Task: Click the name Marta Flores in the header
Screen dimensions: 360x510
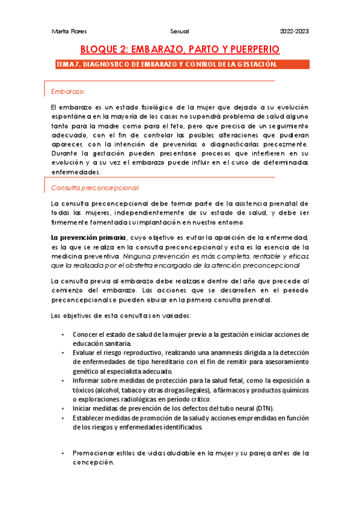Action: pos(63,31)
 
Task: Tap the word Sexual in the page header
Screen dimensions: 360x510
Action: pos(180,31)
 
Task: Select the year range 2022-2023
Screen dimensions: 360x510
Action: pos(294,31)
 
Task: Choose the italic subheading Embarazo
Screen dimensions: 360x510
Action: pos(67,91)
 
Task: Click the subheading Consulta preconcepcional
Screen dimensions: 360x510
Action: pos(95,188)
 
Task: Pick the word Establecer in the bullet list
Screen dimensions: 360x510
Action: pos(88,418)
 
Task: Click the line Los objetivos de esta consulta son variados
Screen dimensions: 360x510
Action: pos(121,316)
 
